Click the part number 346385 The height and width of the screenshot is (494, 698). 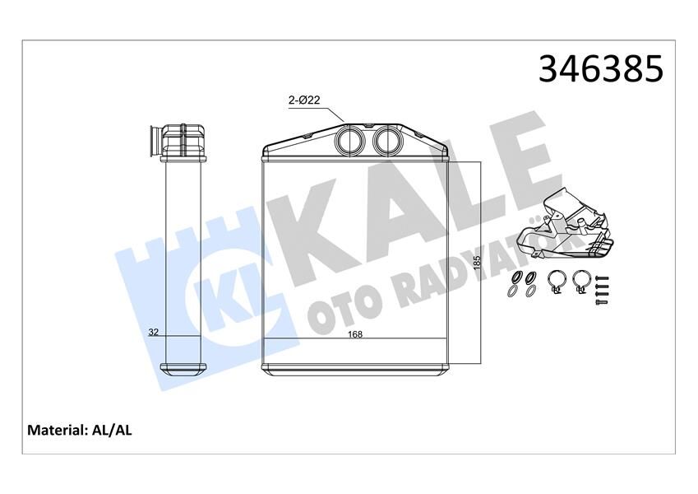[600, 69]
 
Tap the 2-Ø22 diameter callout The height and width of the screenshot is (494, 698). [303, 100]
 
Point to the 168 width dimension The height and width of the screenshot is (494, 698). [355, 334]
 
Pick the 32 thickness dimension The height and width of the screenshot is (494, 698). [153, 333]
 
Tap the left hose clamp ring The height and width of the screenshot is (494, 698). [556, 281]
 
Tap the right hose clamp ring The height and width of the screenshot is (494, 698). [582, 281]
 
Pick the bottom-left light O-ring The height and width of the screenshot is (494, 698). [514, 291]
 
